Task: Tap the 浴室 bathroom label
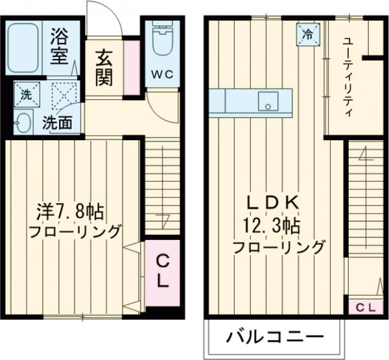(60, 44)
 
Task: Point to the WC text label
(163, 74)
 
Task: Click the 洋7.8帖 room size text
(70, 211)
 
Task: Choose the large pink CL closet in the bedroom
(162, 272)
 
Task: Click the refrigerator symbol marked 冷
(309, 34)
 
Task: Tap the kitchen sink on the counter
(267, 102)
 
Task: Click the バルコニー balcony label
(274, 337)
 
